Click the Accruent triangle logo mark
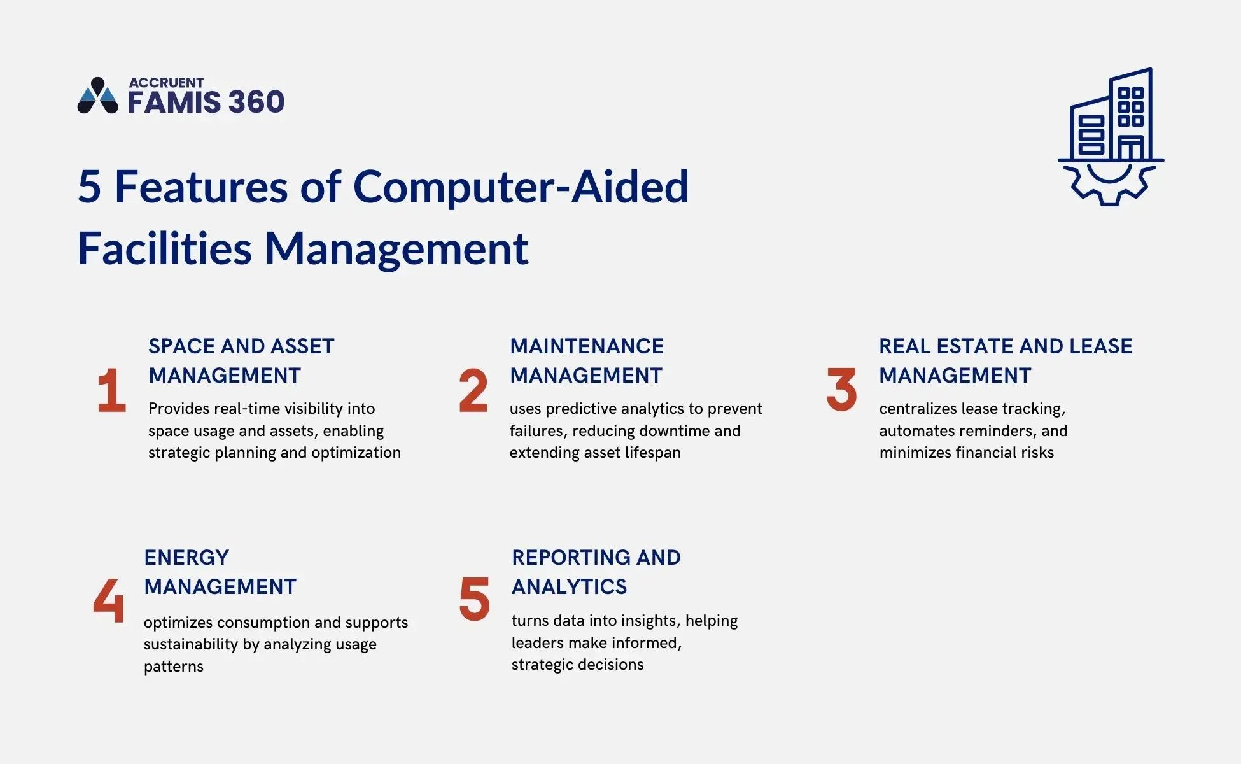pyautogui.click(x=97, y=96)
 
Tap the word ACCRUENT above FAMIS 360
pyautogui.click(x=166, y=83)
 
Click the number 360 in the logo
pyautogui.click(x=256, y=103)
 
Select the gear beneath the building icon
pyautogui.click(x=1110, y=184)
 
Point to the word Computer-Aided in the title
pyautogui.click(x=521, y=187)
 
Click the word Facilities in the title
pyautogui.click(x=165, y=248)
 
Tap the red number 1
pyautogui.click(x=112, y=390)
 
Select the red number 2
pyautogui.click(x=473, y=390)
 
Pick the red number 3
pyautogui.click(x=841, y=389)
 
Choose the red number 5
pyautogui.click(x=475, y=599)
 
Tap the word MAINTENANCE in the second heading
pyautogui.click(x=587, y=346)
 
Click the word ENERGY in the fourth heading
pyautogui.click(x=186, y=558)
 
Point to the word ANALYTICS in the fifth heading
pyautogui.click(x=570, y=587)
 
